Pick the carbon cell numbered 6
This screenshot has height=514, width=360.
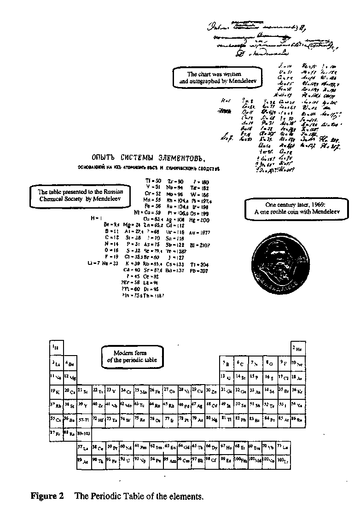tap(241, 363)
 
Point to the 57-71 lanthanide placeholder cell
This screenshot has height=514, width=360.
tap(84, 419)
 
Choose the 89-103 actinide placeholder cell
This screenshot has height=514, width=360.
tap(84, 433)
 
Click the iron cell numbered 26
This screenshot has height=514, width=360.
tap(155, 391)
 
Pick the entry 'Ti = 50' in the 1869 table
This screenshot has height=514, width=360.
tap(152, 181)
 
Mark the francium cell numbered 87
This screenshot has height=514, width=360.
tap(56, 433)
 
